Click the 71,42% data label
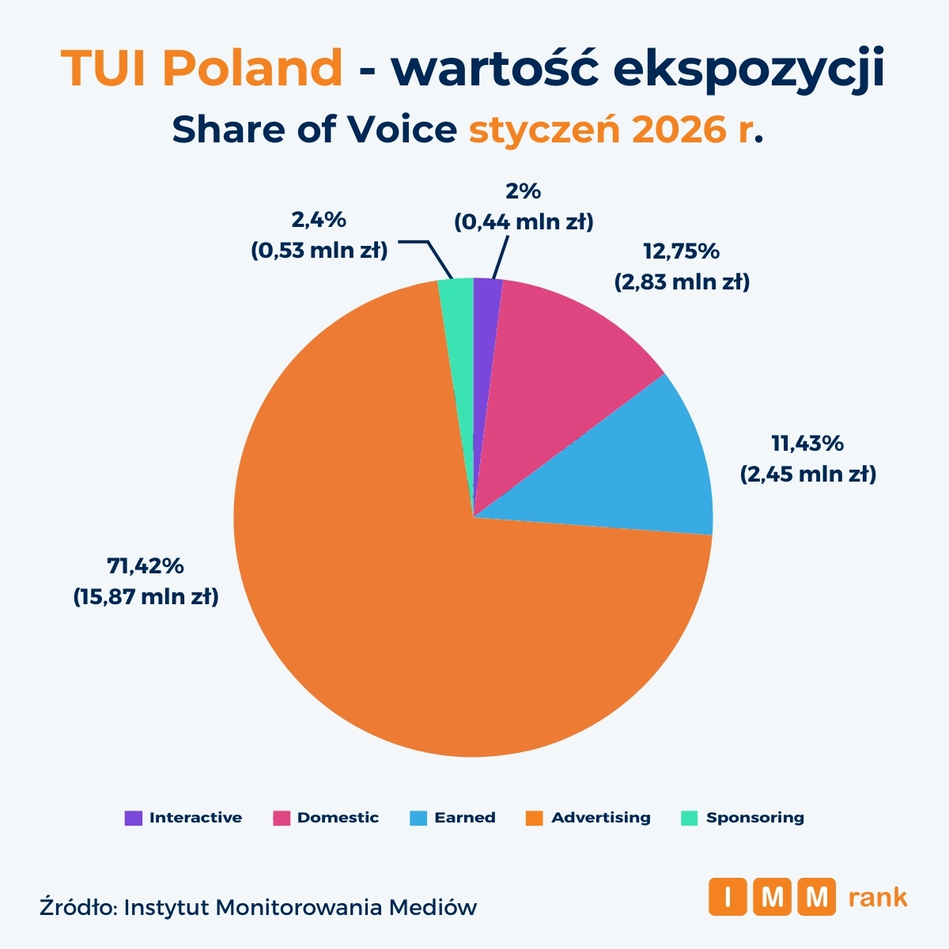click(146, 565)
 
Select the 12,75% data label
click(681, 251)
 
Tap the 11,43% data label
click(807, 444)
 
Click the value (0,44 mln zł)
click(524, 222)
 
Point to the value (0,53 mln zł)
click(319, 251)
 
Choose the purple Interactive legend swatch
click(134, 818)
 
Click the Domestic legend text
click(338, 818)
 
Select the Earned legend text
click(465, 818)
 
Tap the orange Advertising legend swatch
click(535, 818)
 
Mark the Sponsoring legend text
click(754, 818)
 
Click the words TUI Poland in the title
click(202, 70)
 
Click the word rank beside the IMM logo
click(877, 898)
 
